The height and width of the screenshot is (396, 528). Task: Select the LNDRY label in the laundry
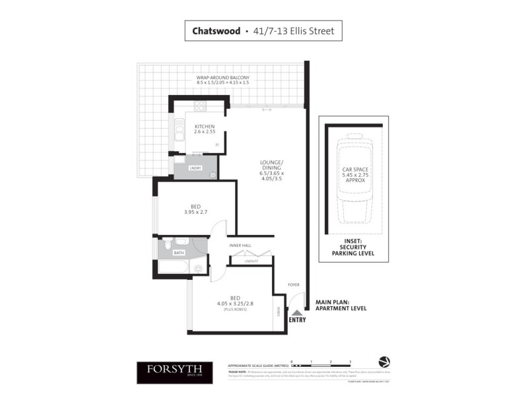[x=195, y=169]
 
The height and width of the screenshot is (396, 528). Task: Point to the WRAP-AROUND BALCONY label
[x=222, y=79]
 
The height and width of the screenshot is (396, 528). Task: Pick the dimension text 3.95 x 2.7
[x=196, y=212]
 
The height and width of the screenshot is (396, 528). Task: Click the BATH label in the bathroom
[x=178, y=253]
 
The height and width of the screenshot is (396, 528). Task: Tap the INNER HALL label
[x=240, y=246]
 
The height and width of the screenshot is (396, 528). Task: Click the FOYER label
[x=294, y=284]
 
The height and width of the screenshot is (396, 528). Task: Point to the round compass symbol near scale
[x=385, y=362]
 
